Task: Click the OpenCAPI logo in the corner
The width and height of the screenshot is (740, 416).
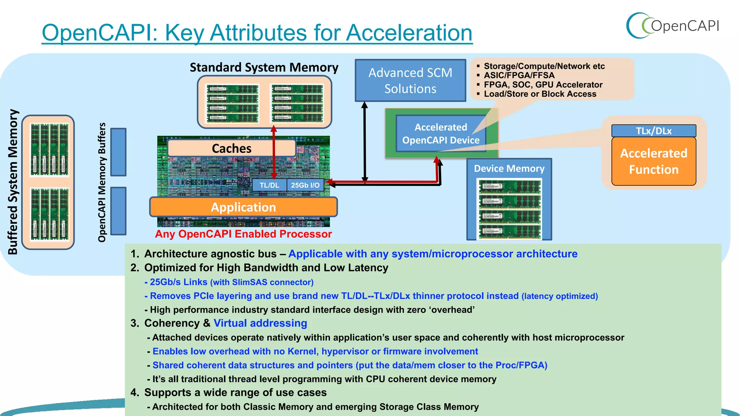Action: pos(673,26)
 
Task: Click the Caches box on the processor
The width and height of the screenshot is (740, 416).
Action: pos(231,148)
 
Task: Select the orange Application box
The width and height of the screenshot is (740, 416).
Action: pos(243,207)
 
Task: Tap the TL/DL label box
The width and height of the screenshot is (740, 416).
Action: pos(269,185)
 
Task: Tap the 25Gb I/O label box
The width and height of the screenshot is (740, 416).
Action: pos(305,185)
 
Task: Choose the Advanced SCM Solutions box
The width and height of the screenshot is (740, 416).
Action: pos(410,81)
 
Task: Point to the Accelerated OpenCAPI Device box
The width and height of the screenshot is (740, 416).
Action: pos(440,134)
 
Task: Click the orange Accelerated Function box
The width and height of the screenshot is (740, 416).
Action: pos(654,161)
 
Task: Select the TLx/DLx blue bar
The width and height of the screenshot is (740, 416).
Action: pos(654,131)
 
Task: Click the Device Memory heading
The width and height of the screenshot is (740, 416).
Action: pos(509,169)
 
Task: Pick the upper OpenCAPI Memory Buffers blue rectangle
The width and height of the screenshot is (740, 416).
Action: pos(118,152)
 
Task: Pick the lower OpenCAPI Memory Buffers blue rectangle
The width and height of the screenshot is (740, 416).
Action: pos(118,211)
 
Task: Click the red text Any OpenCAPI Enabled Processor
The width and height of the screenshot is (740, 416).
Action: pos(243,234)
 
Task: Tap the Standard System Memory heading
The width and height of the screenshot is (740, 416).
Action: pos(264,68)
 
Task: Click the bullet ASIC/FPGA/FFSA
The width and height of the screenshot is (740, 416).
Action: pos(519,75)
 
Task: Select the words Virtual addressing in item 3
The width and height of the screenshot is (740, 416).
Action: pos(260,323)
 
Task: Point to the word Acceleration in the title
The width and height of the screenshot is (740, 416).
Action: pos(409,33)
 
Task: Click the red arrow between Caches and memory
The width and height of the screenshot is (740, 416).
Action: pos(274,152)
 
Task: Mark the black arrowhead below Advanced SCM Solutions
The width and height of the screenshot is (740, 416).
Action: pos(365,105)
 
